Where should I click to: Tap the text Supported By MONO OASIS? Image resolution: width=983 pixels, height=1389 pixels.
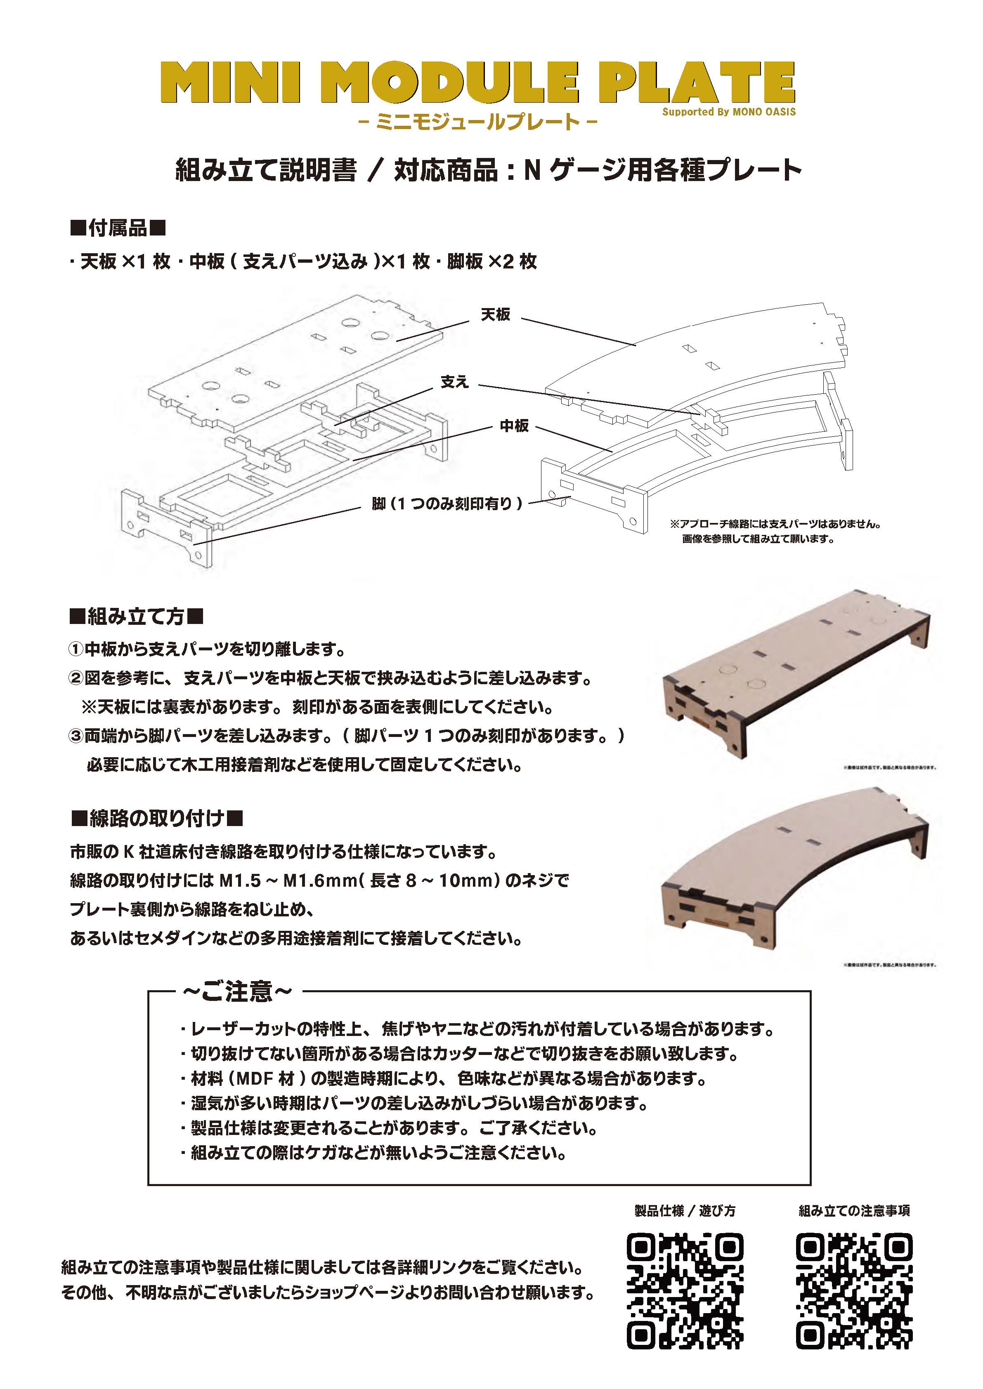tap(729, 112)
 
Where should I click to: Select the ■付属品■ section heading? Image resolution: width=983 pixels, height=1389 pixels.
tap(118, 228)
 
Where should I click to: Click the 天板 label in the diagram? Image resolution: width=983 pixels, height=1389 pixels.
tap(495, 315)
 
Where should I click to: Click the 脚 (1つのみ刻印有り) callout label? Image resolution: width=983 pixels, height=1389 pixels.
tap(447, 504)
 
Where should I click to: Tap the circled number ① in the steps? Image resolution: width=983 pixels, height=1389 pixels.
tap(76, 650)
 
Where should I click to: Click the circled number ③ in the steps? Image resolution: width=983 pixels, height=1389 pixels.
tap(76, 736)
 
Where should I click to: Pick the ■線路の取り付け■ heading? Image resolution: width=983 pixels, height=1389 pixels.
tap(157, 819)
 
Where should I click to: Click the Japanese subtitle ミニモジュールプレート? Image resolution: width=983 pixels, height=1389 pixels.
tap(478, 122)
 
